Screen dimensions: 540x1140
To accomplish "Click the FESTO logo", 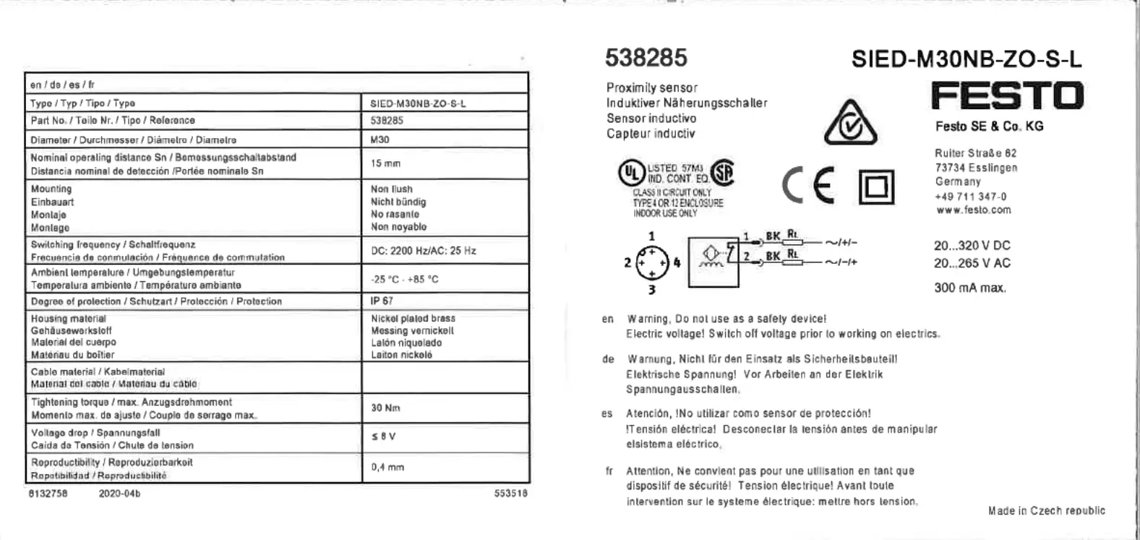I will (x=1007, y=95).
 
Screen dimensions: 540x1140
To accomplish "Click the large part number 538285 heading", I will (x=646, y=58).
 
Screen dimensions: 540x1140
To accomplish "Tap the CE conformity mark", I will (x=807, y=185).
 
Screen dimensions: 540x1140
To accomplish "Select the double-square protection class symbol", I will (x=876, y=187).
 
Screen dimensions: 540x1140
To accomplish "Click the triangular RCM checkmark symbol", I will (x=850, y=124).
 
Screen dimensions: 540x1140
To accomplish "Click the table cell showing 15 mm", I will (x=385, y=163).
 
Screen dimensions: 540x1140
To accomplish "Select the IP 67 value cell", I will (x=382, y=301).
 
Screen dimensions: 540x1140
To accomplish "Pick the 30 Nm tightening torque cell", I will (x=385, y=408).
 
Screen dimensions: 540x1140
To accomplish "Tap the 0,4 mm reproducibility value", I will (x=387, y=467).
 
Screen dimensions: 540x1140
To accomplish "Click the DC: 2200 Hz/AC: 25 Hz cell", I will (x=423, y=250).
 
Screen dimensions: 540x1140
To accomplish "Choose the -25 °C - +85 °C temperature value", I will (x=404, y=279).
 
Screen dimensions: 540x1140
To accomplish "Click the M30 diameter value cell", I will (x=380, y=140).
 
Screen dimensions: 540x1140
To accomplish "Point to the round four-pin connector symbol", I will (x=652, y=262).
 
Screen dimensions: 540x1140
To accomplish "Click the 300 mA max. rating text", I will (x=969, y=288).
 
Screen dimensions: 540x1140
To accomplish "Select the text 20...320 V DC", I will (x=972, y=246).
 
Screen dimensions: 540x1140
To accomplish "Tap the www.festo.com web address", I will (x=973, y=210).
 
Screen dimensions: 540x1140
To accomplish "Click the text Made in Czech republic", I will (x=1046, y=510).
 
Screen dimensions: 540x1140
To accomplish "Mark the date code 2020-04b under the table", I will (x=119, y=494).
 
